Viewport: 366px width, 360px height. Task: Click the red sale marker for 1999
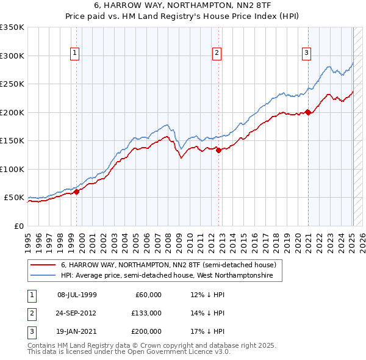77,192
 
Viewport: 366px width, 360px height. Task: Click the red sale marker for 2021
308,112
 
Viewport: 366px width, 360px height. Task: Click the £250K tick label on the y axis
12,84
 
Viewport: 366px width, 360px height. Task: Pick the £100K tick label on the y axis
12,169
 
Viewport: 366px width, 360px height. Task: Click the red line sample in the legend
43,265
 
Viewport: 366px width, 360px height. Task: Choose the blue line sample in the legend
43,276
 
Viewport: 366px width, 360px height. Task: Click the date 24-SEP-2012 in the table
76,313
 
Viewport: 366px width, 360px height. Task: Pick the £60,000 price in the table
148,295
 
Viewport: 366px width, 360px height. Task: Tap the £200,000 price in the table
146,331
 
